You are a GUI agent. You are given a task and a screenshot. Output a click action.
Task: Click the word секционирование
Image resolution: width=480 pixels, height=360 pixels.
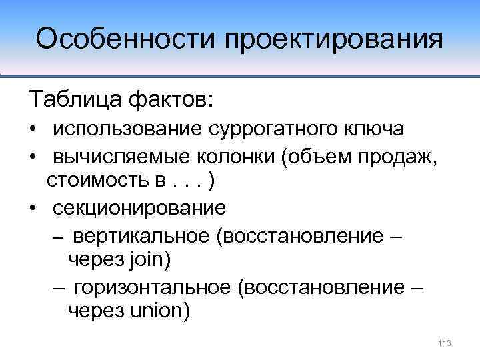coord(140,207)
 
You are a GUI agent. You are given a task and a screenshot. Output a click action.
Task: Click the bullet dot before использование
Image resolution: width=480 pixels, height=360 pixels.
coord(32,129)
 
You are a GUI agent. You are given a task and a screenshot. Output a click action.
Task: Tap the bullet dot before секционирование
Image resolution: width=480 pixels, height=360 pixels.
coord(32,208)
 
